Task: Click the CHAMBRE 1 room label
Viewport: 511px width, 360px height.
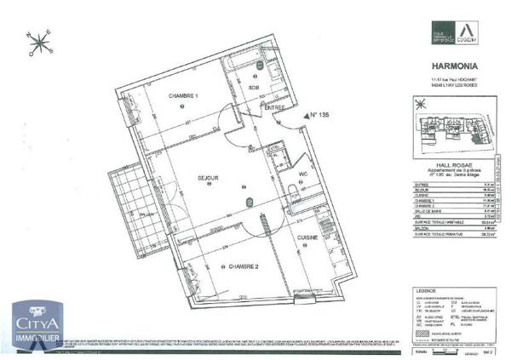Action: (183, 95)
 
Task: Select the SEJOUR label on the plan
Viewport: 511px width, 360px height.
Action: (209, 178)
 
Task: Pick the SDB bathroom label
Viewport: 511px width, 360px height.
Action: (253, 87)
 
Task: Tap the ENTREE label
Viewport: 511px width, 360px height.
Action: (274, 108)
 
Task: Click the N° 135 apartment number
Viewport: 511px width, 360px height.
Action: (317, 114)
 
